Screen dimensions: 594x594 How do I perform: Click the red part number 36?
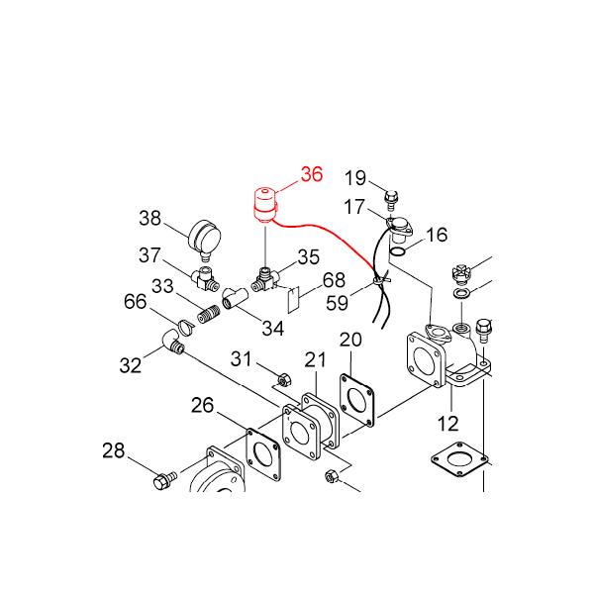pos(311,175)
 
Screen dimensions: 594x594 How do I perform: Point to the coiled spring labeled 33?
pos(207,315)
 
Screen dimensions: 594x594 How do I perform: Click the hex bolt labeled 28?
pos(163,481)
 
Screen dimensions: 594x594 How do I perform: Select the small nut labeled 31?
pos(280,378)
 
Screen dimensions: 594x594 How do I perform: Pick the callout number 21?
pos(315,358)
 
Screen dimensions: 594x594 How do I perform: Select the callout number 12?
pos(447,424)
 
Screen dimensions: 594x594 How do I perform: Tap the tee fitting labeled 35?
pos(265,277)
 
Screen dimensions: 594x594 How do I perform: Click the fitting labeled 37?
pos(205,279)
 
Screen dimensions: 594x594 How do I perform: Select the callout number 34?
pos(272,328)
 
